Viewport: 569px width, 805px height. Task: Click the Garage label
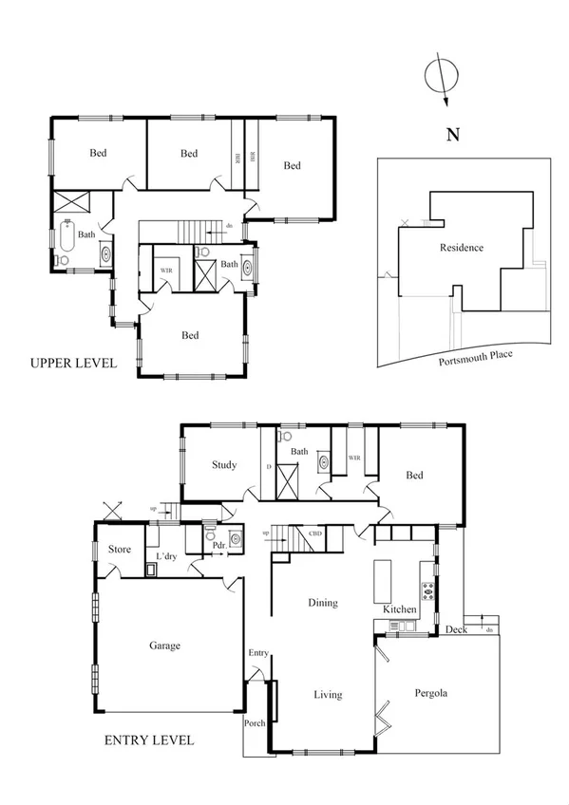(x=164, y=646)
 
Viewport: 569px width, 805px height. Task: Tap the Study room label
(x=224, y=465)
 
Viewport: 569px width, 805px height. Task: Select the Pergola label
(x=430, y=694)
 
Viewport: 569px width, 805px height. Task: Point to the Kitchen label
(x=400, y=608)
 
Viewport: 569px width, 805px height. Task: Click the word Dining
(x=323, y=603)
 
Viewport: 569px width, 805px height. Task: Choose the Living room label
(x=328, y=695)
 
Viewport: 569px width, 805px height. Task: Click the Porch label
(x=256, y=723)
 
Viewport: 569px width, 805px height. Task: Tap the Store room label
(x=120, y=550)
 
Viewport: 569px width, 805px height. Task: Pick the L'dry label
(x=166, y=556)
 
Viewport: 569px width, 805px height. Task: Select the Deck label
(x=456, y=628)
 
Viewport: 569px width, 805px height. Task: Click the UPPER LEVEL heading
(x=73, y=363)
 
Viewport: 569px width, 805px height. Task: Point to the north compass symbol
(x=440, y=78)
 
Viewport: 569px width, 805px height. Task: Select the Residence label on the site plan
(x=462, y=248)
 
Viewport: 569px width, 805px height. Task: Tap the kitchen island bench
(x=384, y=575)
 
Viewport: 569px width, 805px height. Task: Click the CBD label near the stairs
(x=315, y=534)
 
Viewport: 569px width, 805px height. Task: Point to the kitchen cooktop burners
(x=428, y=590)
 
